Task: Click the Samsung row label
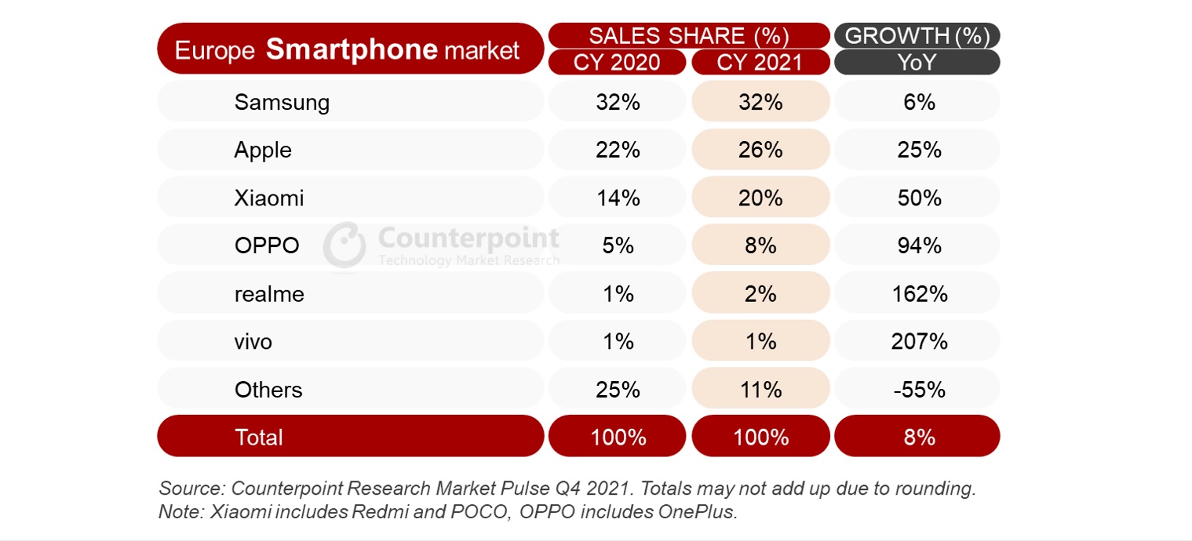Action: [x=282, y=102]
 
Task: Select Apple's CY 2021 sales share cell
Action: [x=760, y=150]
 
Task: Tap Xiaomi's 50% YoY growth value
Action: [x=918, y=198]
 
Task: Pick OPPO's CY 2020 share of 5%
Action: [x=618, y=245]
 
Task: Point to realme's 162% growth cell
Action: [x=918, y=294]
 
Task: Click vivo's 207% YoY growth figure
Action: [x=918, y=342]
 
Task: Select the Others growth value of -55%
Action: [x=918, y=390]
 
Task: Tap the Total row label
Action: [x=259, y=437]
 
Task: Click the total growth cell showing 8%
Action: [x=918, y=437]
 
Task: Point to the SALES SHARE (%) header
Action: [x=688, y=36]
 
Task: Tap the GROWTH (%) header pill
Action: [x=917, y=36]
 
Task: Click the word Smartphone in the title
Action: [x=351, y=49]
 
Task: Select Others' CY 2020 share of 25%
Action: [x=618, y=390]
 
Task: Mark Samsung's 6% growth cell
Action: [x=918, y=102]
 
